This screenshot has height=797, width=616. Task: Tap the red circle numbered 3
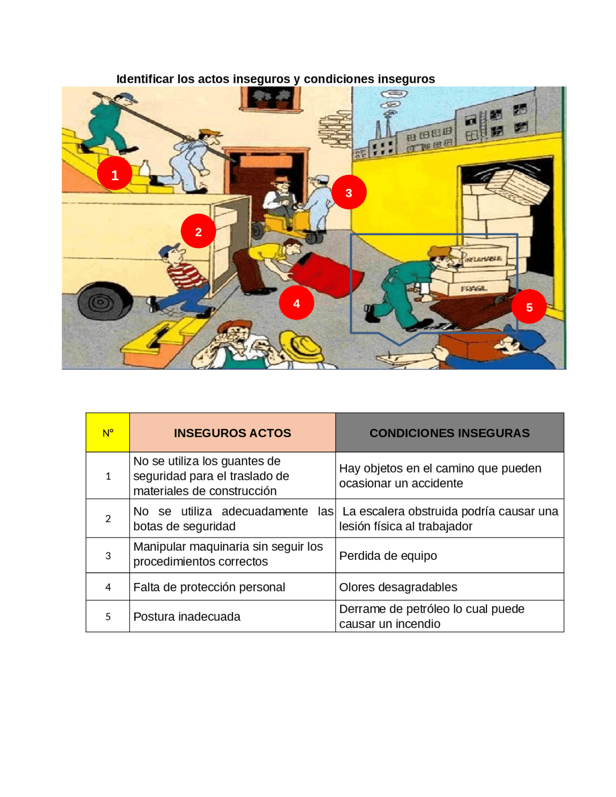[x=348, y=192]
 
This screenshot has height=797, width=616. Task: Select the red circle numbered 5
[x=528, y=307]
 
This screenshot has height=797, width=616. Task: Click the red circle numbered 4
[x=296, y=303]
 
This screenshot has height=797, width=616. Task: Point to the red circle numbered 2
[x=198, y=231]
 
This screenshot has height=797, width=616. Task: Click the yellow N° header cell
[x=107, y=432]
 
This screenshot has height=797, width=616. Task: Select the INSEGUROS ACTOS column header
[x=232, y=432]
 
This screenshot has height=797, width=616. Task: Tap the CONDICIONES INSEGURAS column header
[x=449, y=432]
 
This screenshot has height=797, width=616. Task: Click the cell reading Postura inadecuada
[x=187, y=616]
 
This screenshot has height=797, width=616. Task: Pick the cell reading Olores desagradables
[x=398, y=587]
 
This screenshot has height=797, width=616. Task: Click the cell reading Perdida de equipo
[x=388, y=555]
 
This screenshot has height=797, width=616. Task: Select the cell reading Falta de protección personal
[x=209, y=587]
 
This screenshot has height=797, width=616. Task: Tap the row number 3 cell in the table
[x=108, y=555]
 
